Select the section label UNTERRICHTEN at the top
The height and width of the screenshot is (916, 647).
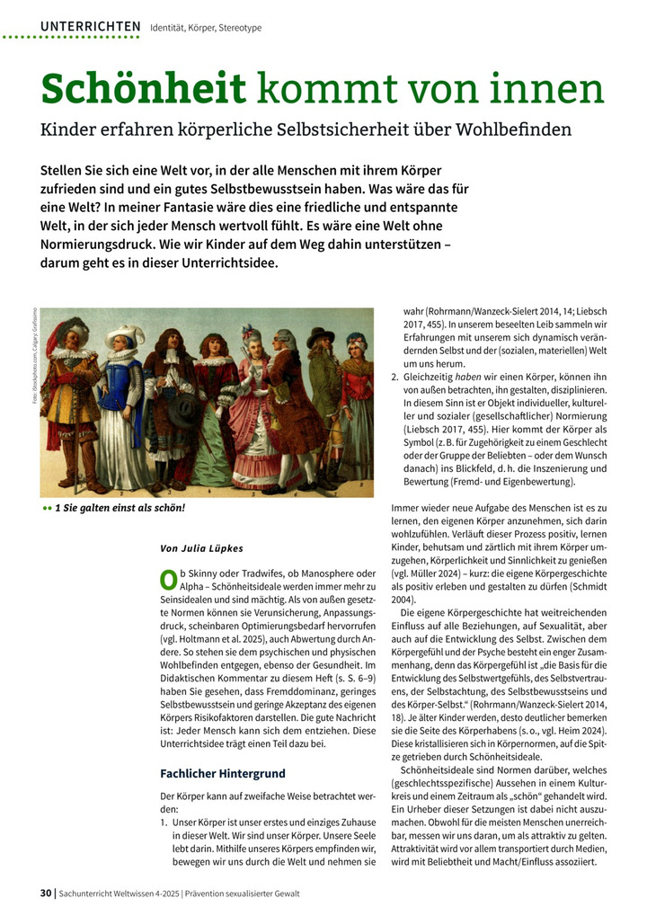tap(90, 27)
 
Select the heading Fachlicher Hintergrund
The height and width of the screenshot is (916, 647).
tap(222, 772)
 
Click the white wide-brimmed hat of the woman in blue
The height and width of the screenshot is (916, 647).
tap(125, 336)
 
